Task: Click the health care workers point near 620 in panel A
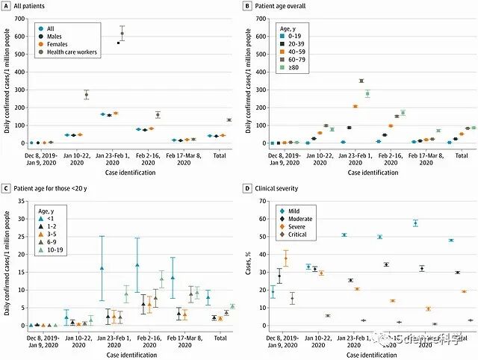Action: [x=122, y=34]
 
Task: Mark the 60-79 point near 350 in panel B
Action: [x=361, y=81]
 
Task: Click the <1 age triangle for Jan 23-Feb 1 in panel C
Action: [x=102, y=267]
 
